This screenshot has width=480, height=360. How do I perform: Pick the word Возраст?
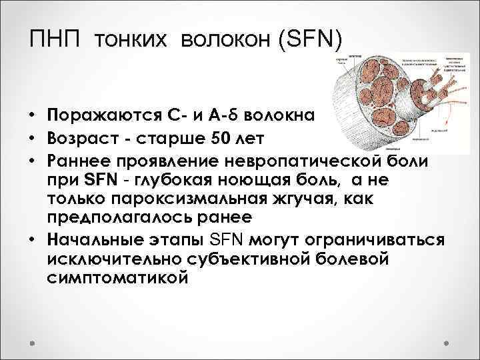tap(82, 140)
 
